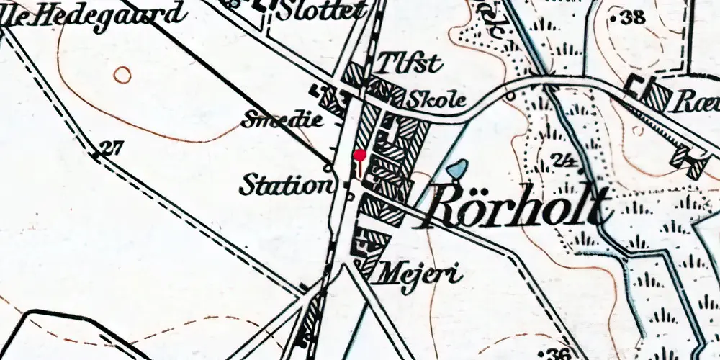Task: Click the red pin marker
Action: click(x=361, y=155)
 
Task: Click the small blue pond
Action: click(x=456, y=170)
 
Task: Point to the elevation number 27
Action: click(x=110, y=148)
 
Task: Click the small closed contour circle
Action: click(x=123, y=74)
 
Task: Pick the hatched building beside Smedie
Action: click(x=330, y=99)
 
